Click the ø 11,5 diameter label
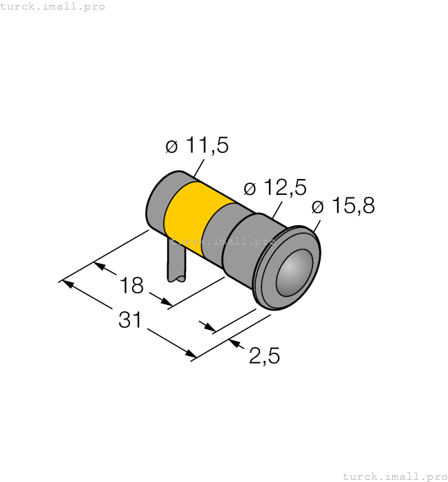[197, 146]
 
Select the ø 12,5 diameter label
[275, 188]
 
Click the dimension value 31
[130, 320]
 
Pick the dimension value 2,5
[264, 356]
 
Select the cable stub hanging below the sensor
[176, 262]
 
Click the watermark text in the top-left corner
[53, 6]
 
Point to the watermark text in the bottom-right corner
[394, 476]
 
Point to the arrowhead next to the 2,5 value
[233, 342]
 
